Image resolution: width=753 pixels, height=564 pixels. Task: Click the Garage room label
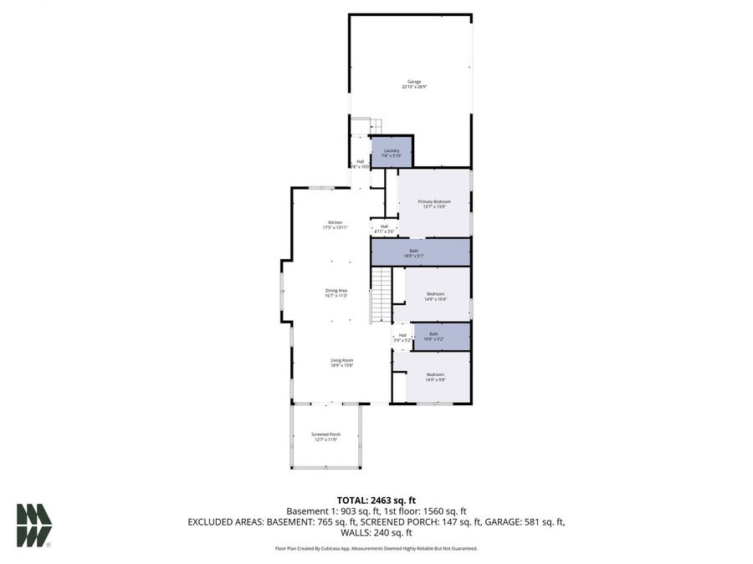click(x=414, y=84)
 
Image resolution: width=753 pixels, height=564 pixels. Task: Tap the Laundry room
click(x=392, y=152)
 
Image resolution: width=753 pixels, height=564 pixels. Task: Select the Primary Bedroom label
click(x=434, y=204)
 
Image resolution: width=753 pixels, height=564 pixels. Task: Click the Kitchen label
click(x=335, y=225)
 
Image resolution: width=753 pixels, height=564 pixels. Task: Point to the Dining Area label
click(x=336, y=292)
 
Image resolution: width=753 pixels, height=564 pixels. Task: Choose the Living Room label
click(x=341, y=363)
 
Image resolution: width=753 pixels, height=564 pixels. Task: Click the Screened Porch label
click(x=325, y=436)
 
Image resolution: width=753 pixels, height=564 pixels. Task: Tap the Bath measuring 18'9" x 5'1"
click(x=421, y=252)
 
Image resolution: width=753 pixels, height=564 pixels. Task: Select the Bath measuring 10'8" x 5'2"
click(x=433, y=336)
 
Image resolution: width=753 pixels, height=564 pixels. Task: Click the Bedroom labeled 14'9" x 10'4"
click(x=436, y=296)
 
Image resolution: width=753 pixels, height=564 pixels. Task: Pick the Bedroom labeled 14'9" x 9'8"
click(x=435, y=377)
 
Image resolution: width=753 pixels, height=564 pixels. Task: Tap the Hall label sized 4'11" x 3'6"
click(x=384, y=228)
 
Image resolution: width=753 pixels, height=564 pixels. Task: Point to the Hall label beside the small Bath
click(x=402, y=337)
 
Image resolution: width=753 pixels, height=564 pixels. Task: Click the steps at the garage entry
click(x=360, y=126)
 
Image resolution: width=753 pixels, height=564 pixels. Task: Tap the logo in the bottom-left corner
click(x=34, y=526)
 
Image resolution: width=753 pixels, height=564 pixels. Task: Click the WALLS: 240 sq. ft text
click(x=376, y=532)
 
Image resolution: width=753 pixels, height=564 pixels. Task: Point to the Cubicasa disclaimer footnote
click(x=376, y=548)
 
